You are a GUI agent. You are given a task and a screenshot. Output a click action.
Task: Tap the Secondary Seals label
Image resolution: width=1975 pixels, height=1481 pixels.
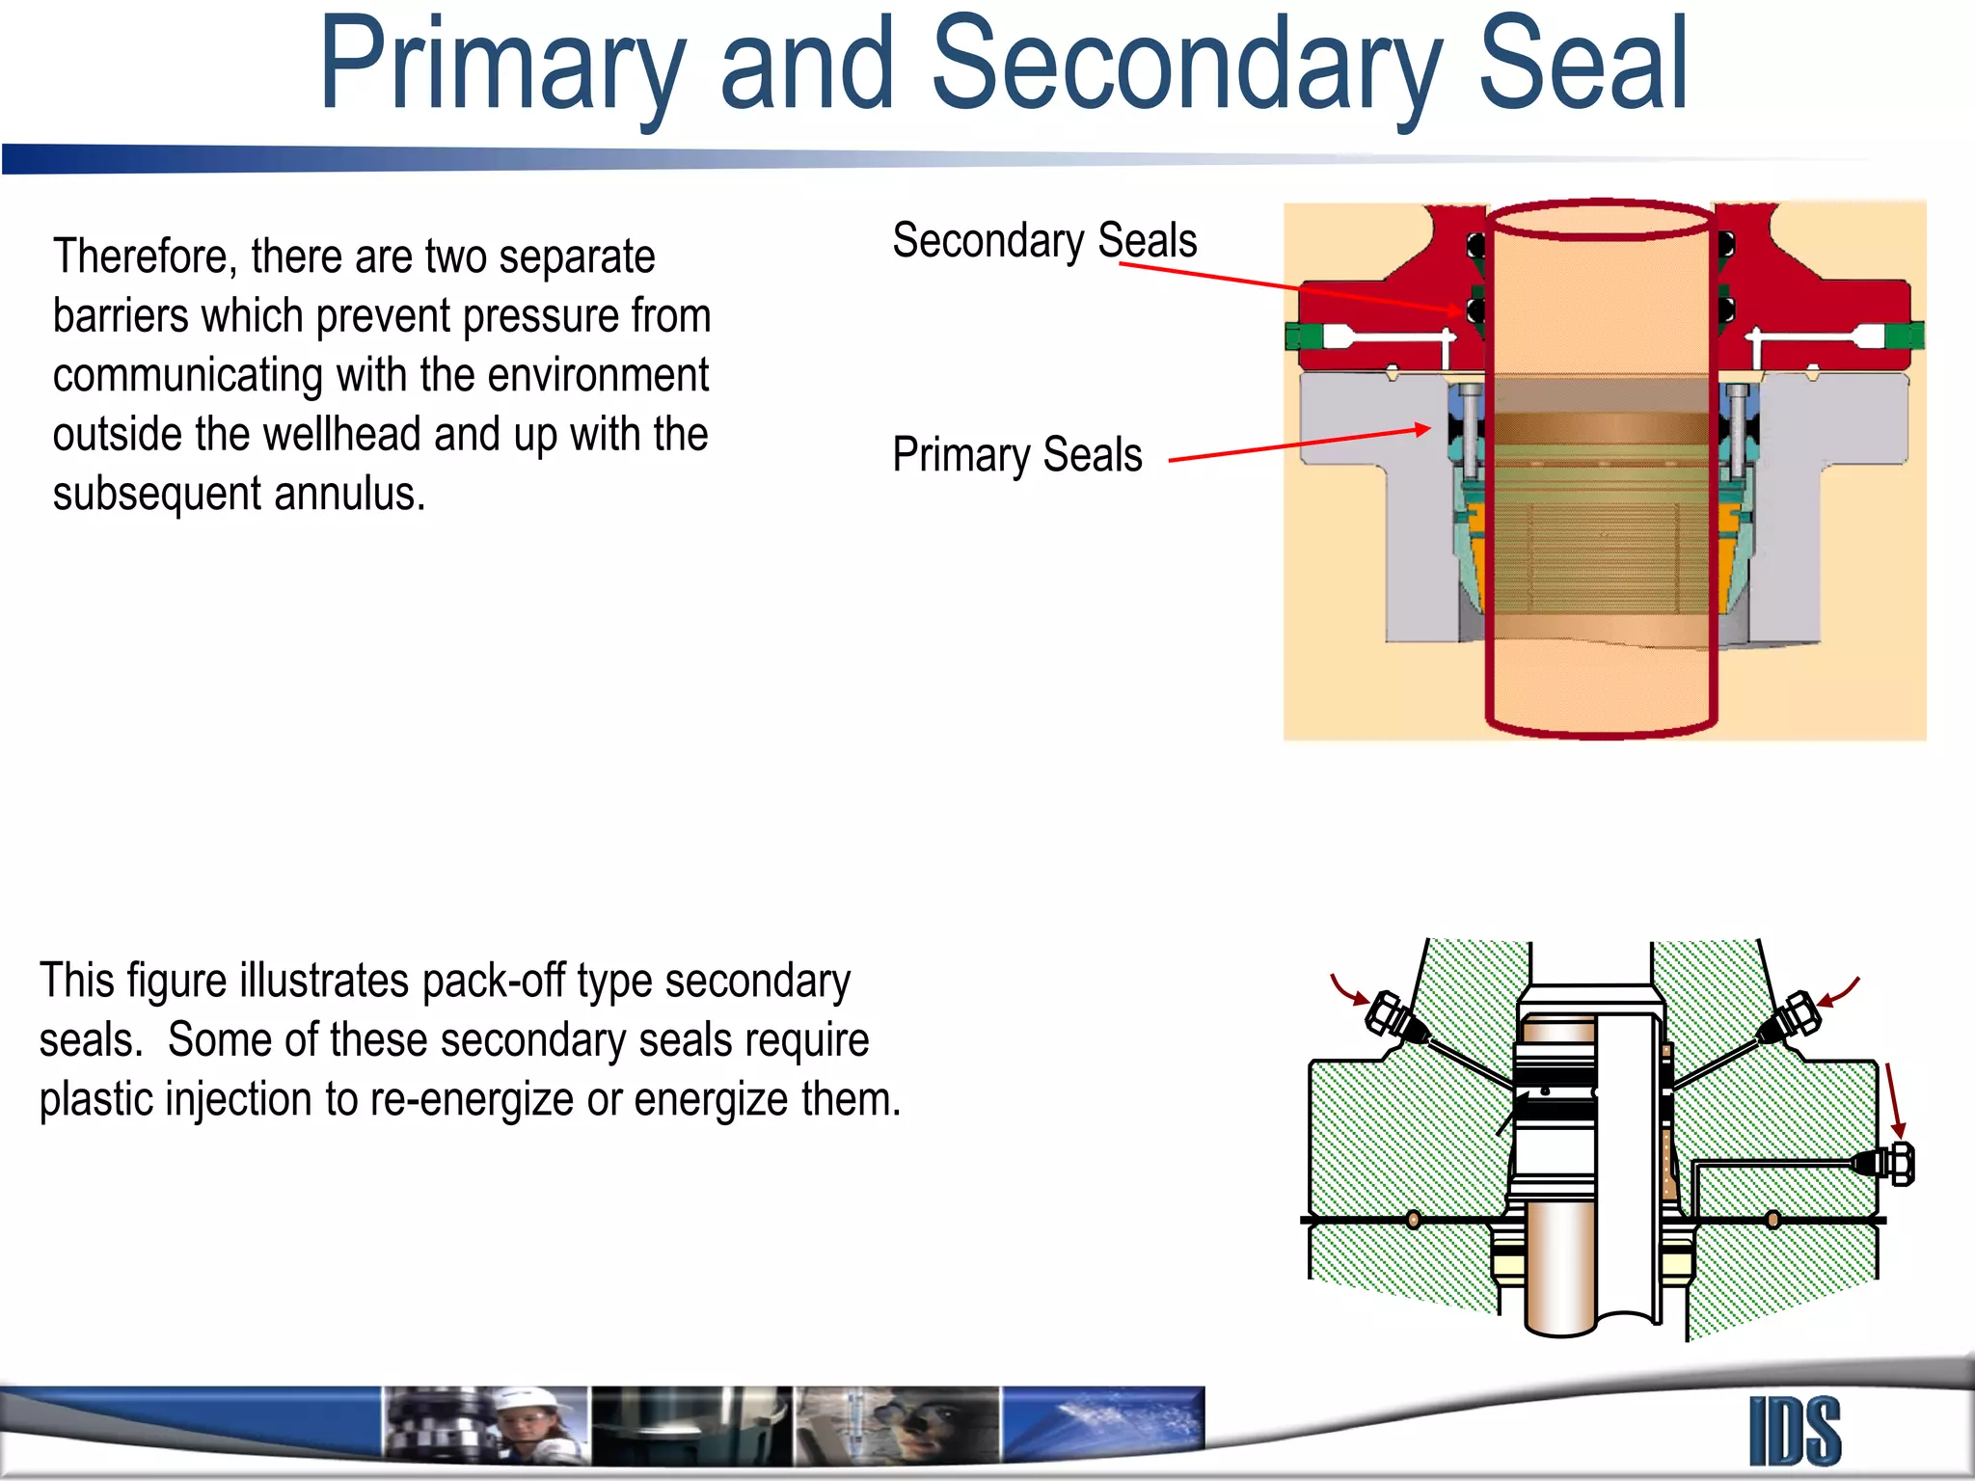click(1043, 240)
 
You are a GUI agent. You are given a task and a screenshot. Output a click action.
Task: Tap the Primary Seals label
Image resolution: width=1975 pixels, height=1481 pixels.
click(1016, 454)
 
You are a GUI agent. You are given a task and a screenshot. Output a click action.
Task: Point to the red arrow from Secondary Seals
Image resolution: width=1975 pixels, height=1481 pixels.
click(1292, 286)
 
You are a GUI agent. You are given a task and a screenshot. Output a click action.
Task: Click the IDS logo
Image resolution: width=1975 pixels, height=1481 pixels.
click(1795, 1432)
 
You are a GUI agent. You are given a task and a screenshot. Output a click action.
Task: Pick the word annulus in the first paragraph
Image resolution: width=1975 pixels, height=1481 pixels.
click(349, 494)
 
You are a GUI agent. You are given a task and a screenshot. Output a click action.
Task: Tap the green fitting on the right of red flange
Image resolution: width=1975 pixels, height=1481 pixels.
click(1904, 337)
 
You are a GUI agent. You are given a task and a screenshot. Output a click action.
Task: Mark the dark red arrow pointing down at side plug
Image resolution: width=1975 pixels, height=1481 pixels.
click(1893, 1100)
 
